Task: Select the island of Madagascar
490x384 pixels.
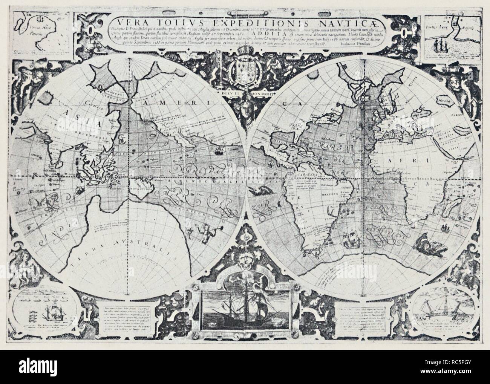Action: click(x=450, y=213)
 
